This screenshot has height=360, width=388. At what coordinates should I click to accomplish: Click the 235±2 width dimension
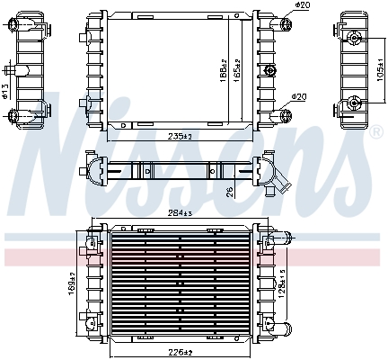tap(181, 136)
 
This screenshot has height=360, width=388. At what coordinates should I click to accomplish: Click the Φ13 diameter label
tap(5, 89)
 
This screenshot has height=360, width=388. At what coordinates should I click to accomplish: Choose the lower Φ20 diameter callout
tap(299, 96)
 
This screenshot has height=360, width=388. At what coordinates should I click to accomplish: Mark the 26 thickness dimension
tap(231, 190)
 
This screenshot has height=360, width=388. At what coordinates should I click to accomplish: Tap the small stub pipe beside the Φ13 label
tap(9, 71)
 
